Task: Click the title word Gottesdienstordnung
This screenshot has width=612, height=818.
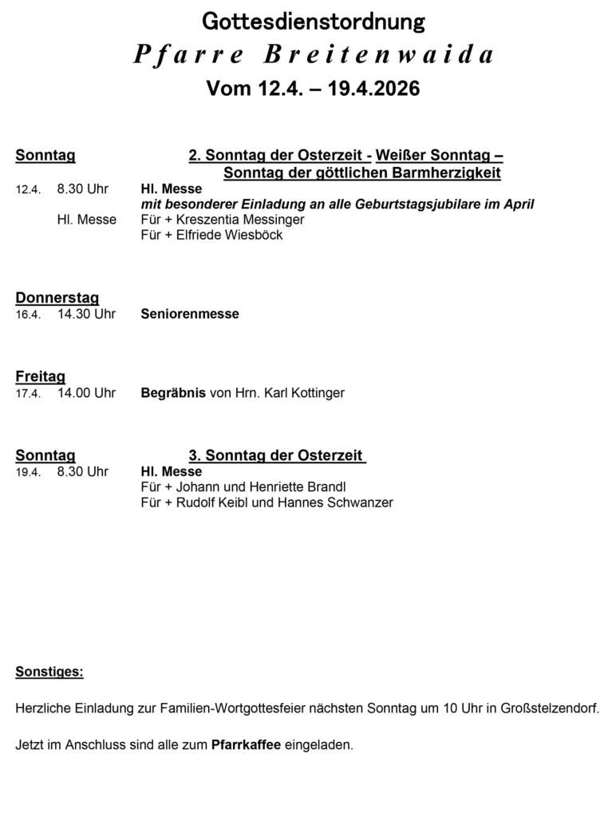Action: tap(313, 22)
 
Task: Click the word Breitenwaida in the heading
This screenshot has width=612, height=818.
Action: tap(379, 54)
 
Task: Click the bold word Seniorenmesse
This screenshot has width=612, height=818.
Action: tap(190, 315)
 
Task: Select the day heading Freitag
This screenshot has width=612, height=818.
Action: tap(41, 376)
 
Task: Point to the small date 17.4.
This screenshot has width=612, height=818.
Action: tap(28, 394)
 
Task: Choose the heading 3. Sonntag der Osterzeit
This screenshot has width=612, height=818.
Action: tap(276, 455)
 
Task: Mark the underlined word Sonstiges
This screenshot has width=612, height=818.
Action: tap(49, 672)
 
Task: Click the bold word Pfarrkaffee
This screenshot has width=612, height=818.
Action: tap(246, 745)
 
